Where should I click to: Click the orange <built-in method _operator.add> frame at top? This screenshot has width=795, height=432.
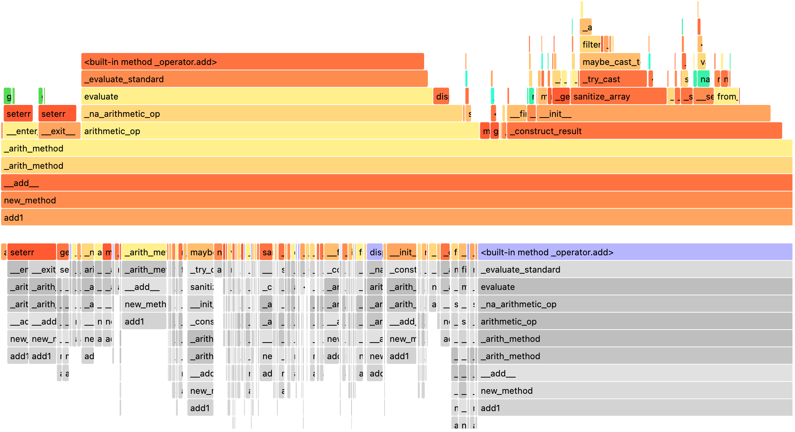click(x=252, y=62)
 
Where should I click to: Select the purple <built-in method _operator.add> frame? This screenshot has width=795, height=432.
click(x=634, y=252)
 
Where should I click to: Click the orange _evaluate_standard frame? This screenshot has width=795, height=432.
click(x=254, y=79)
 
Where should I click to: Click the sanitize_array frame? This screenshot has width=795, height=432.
click(x=618, y=96)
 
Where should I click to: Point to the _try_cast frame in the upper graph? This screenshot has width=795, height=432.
click(x=613, y=79)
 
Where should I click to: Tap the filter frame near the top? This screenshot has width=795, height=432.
click(x=590, y=44)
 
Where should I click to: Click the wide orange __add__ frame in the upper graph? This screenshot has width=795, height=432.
click(x=396, y=183)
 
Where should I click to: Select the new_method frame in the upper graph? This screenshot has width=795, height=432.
click(x=396, y=200)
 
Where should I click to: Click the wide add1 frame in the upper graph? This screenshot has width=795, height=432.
click(x=396, y=217)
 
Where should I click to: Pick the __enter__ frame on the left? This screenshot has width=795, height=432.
click(x=21, y=131)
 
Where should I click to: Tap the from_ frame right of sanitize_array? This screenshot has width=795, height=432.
click(x=726, y=96)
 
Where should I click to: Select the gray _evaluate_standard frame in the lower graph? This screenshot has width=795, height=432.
click(x=634, y=269)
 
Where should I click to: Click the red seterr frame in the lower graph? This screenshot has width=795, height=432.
click(x=31, y=252)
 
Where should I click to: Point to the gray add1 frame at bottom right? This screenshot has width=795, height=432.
click(x=634, y=408)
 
